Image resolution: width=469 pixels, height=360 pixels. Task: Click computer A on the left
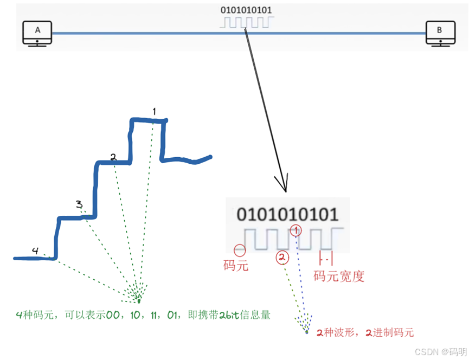37,34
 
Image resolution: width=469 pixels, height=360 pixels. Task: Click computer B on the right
440,34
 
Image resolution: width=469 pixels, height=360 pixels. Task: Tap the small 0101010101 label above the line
246,10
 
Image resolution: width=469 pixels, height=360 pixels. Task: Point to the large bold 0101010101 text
287,214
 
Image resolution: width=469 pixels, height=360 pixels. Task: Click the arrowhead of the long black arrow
284,187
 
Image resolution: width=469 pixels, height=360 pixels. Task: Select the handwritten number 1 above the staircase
155,111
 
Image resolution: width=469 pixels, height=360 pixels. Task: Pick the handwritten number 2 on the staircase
113,157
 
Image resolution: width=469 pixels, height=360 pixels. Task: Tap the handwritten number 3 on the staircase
79,204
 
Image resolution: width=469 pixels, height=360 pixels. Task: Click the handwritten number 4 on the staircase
35,250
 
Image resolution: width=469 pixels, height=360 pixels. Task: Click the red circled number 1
295,230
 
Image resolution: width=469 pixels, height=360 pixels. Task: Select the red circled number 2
282,258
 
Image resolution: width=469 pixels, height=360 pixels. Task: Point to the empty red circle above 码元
240,250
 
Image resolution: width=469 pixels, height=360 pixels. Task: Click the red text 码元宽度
339,276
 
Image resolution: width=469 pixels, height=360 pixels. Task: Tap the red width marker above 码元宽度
326,258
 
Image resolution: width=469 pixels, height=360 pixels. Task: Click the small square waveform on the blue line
247,23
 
